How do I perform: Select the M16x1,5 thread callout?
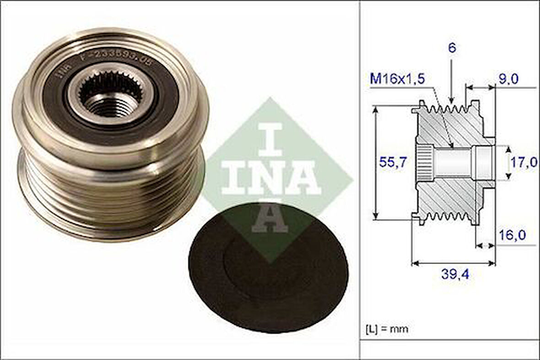pyautogui.click(x=397, y=79)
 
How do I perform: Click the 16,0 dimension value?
pyautogui.click(x=511, y=235)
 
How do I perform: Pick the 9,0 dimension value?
pyautogui.click(x=508, y=79)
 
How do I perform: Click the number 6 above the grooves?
pyautogui.click(x=452, y=48)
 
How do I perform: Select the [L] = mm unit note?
pyautogui.click(x=387, y=328)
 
